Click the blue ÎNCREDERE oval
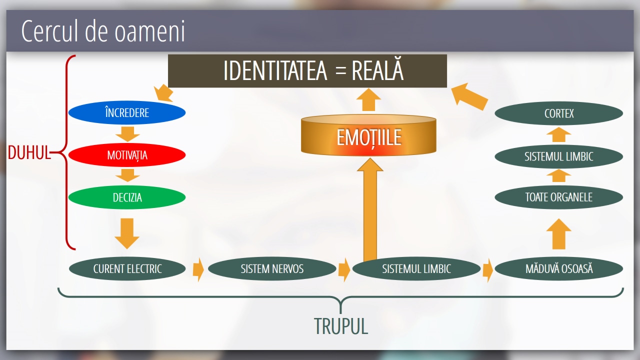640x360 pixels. tap(127, 112)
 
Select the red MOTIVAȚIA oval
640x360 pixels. tap(127, 155)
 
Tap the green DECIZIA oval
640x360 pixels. tap(127, 197)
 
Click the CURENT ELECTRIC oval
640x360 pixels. tap(127, 268)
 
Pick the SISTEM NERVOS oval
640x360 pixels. tap(271, 268)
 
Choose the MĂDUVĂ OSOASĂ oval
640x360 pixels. tap(558, 268)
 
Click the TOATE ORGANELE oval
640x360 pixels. tap(558, 197)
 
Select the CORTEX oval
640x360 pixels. tap(558, 113)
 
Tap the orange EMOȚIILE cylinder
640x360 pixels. tap(368, 137)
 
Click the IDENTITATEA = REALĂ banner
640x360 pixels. tap(307, 71)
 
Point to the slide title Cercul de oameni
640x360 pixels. tap(103, 31)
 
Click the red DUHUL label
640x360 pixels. tap(29, 153)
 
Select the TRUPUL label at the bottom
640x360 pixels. tap(341, 326)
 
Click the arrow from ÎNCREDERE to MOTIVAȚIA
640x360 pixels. tap(127, 133)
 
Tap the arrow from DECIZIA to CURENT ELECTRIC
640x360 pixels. tap(127, 232)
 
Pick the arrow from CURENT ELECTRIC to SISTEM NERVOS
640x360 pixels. tap(198, 269)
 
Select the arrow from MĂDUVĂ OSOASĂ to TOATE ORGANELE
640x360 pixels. tap(558, 233)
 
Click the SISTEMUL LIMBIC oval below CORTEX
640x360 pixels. tap(558, 156)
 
